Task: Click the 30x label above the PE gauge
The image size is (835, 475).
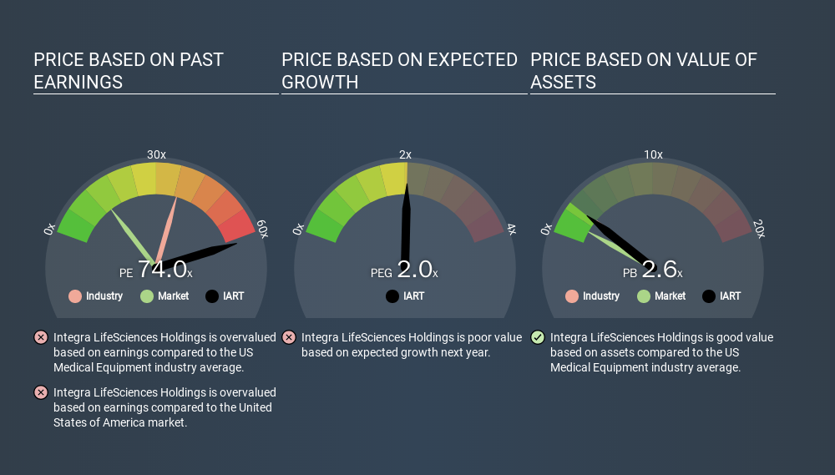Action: click(x=156, y=154)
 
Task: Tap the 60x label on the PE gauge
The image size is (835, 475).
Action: click(x=262, y=229)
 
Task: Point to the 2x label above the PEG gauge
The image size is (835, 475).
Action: click(x=405, y=154)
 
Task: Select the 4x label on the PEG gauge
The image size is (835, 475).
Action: click(x=511, y=229)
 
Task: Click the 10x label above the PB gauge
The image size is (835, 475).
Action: click(x=653, y=154)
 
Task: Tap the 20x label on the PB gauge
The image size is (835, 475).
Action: click(x=759, y=229)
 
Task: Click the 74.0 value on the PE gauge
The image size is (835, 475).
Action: click(x=163, y=270)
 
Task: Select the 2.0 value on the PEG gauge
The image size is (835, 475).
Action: click(x=414, y=270)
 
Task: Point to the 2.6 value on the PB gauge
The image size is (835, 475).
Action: click(x=660, y=270)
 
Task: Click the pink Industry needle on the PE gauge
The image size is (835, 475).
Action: click(x=165, y=230)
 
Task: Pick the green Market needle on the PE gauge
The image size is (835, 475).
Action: click(x=133, y=237)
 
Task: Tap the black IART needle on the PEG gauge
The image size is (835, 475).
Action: click(x=406, y=224)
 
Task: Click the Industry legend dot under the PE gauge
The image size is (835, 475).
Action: click(x=75, y=296)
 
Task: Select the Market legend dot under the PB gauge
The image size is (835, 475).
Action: click(x=643, y=296)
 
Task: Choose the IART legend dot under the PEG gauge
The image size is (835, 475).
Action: click(x=392, y=296)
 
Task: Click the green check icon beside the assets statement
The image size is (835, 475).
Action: click(x=538, y=337)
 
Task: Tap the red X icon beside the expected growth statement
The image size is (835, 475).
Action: click(x=289, y=337)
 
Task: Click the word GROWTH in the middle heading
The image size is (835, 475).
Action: click(x=320, y=83)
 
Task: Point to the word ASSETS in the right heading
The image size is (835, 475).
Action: click(x=564, y=83)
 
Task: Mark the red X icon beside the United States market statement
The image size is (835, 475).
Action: click(x=41, y=392)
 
